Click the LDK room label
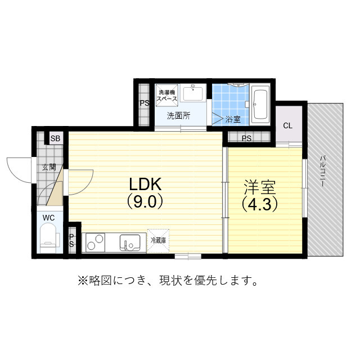point(146,184)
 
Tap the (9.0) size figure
point(145,201)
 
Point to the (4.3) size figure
point(260,204)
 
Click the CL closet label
point(287,125)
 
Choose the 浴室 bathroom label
point(233,119)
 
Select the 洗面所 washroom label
point(178,116)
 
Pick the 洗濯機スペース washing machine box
point(167,95)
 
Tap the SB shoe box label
point(55,138)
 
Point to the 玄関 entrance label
point(48,167)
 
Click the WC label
point(48,217)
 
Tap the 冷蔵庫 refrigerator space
point(158,240)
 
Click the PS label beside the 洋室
point(246,138)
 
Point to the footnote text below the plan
point(168,280)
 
